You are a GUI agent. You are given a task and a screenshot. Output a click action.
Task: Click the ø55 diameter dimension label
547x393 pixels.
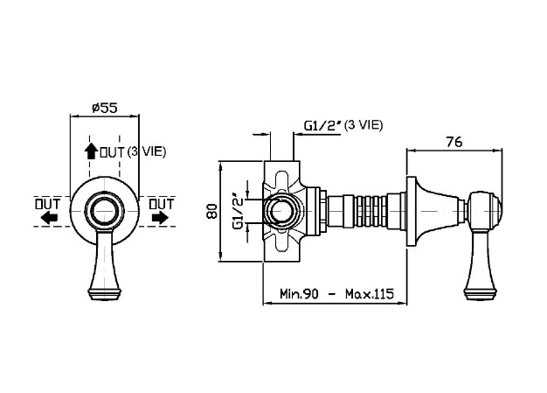pyautogui.click(x=105, y=108)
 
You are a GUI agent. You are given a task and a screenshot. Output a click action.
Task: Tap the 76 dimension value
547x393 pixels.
pyautogui.click(x=454, y=142)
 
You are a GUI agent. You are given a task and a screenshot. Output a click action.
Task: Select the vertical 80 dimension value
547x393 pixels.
pyautogui.click(x=211, y=211)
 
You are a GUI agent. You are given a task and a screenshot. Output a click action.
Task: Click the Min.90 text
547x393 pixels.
pyautogui.click(x=299, y=293)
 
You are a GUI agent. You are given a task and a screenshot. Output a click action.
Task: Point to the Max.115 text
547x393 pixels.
pyautogui.click(x=370, y=293)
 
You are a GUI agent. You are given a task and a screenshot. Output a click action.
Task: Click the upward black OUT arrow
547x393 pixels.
pyautogui.click(x=91, y=151)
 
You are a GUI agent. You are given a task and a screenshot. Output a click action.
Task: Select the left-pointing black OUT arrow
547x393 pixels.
pyautogui.click(x=49, y=218)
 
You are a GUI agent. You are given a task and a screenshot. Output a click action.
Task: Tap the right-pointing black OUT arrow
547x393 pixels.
pyautogui.click(x=160, y=218)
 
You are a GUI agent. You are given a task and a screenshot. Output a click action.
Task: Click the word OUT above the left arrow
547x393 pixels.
pyautogui.click(x=47, y=204)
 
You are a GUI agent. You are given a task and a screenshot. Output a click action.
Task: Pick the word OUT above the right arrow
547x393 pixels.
pyautogui.click(x=162, y=204)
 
